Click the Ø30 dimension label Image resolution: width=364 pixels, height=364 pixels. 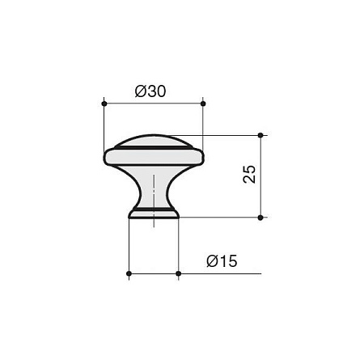[x=150, y=91]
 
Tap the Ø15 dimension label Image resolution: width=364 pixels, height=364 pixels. [x=222, y=261]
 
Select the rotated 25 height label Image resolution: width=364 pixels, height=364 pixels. [x=249, y=174]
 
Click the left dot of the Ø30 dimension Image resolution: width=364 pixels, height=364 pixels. [x=104, y=104]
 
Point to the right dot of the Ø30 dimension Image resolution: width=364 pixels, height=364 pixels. [x=203, y=104]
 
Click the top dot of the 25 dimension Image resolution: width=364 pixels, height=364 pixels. [x=260, y=135]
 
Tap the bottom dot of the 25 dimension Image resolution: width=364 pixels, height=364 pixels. [x=260, y=218]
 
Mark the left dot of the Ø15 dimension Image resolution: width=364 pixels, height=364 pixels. [x=129, y=273]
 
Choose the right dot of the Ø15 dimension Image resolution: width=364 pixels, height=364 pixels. [x=178, y=273]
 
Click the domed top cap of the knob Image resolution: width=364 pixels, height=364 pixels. [x=154, y=141]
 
